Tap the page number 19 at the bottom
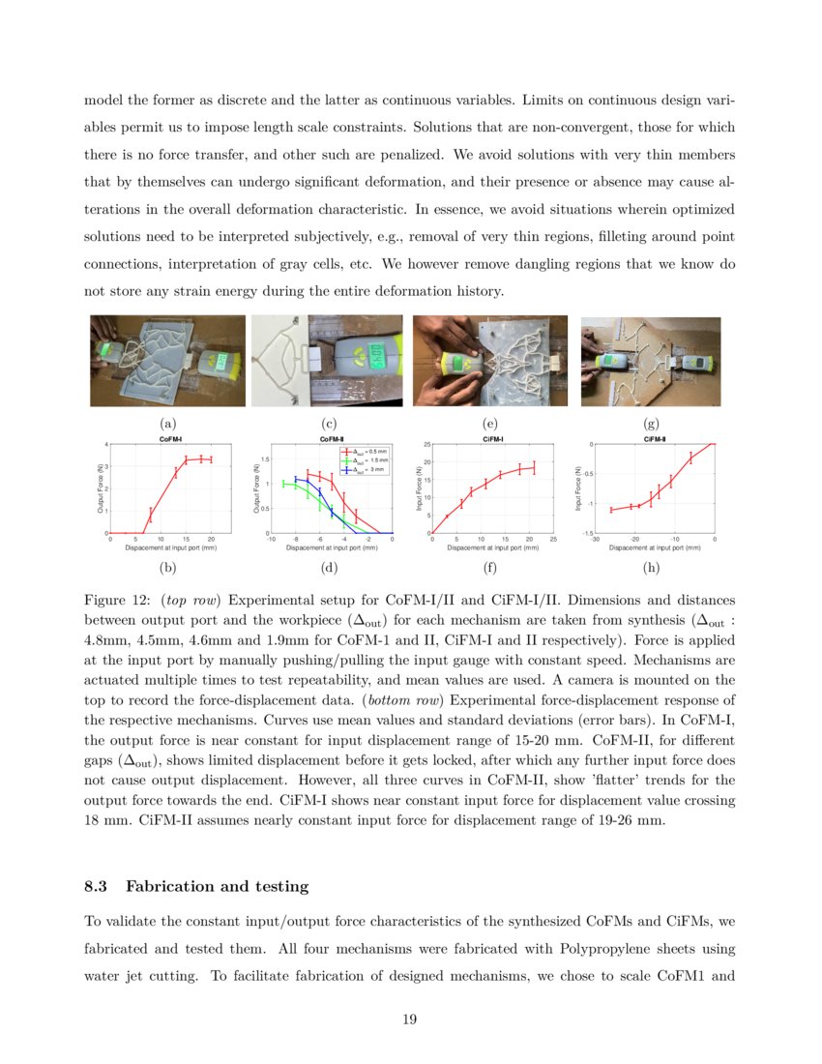[x=410, y=1018]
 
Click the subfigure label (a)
[x=167, y=424]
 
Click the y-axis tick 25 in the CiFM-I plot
[x=426, y=444]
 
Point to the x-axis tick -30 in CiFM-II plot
[x=595, y=540]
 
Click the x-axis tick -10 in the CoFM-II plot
[x=273, y=540]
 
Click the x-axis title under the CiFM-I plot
[x=492, y=547]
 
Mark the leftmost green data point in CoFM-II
[x=283, y=484]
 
